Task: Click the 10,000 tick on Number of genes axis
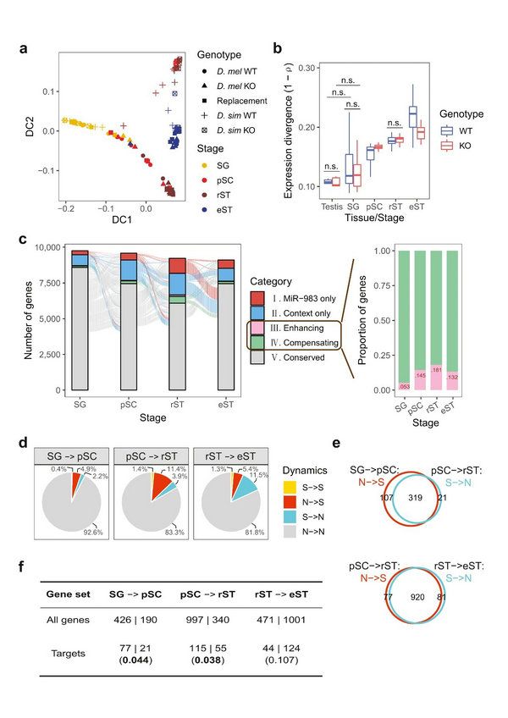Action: click(x=50, y=247)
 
